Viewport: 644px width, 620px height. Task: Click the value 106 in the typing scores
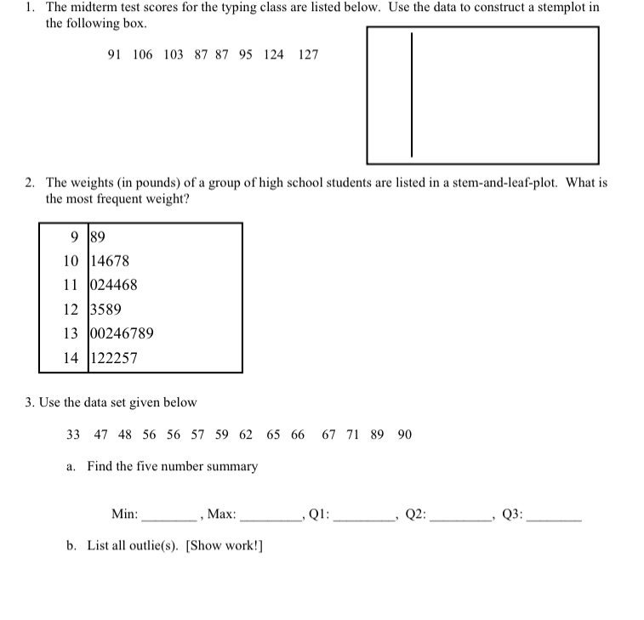coord(143,54)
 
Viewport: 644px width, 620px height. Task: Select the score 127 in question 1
coord(309,54)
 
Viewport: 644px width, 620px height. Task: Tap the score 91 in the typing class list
coord(115,54)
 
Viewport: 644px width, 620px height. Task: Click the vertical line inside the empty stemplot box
coord(413,94)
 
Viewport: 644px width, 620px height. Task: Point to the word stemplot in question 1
coord(557,8)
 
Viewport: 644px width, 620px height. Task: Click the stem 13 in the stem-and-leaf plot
coord(71,333)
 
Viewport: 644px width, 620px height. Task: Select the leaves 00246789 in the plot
coord(122,333)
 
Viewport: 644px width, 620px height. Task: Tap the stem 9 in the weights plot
coord(76,237)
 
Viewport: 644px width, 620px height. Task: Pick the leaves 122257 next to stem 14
coord(114,358)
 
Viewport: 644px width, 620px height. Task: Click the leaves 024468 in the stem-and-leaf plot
coord(114,286)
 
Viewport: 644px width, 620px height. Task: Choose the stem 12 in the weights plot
coord(71,310)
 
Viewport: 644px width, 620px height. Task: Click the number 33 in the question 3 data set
coord(73,435)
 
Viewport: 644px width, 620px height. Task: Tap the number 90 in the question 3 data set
coord(404,435)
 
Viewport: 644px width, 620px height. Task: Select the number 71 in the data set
coord(353,435)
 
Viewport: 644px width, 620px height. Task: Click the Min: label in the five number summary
coord(124,514)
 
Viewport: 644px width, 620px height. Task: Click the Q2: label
coord(415,514)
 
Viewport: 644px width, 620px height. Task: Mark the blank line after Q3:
coord(555,517)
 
